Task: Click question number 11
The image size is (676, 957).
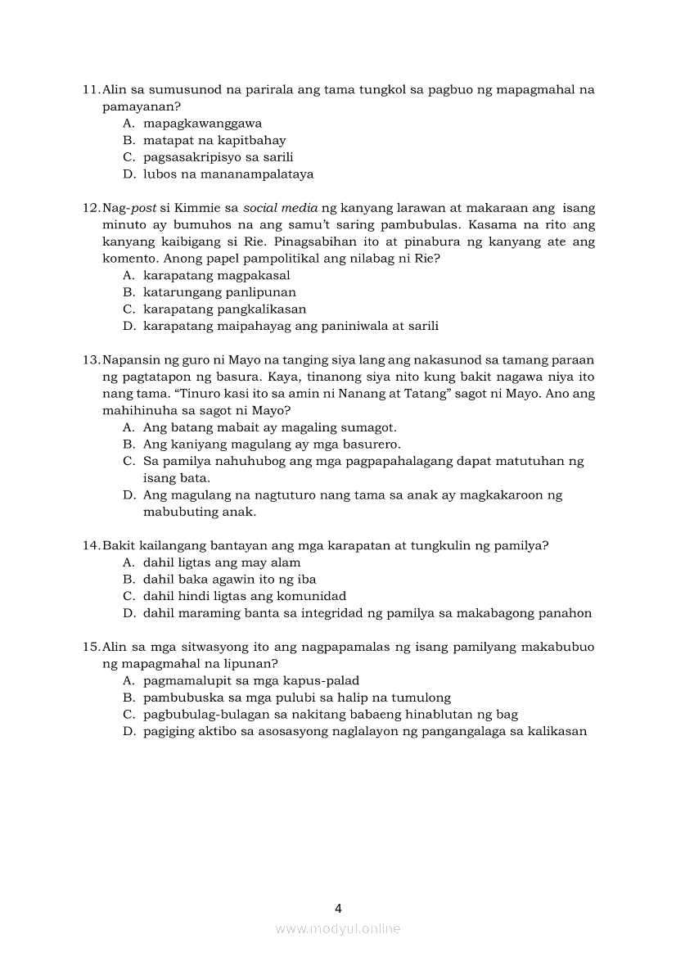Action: point(91,89)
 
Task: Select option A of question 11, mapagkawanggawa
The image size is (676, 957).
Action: point(202,124)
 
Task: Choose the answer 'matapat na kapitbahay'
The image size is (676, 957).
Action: point(214,141)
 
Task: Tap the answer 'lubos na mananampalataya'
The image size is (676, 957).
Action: point(228,174)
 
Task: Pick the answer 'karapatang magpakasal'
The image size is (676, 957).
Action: point(216,276)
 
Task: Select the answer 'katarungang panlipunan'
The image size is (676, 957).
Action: point(219,292)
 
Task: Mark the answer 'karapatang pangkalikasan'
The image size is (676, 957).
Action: point(224,309)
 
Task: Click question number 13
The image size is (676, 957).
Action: point(91,360)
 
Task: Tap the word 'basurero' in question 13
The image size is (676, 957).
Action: point(372,445)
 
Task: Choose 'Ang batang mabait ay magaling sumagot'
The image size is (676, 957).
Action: point(269,427)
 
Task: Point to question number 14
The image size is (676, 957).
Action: point(91,546)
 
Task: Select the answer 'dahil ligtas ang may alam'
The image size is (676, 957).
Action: point(222,562)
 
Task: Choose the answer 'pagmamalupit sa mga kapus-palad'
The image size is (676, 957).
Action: point(251,681)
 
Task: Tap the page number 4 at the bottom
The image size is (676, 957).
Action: point(338,908)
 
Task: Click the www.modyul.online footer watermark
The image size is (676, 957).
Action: point(338,929)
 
